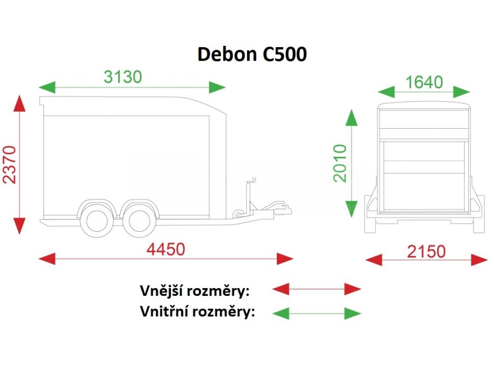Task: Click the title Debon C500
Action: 252,54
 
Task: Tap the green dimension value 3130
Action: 123,77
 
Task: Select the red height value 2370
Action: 10,165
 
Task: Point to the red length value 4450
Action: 166,250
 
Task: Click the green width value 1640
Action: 424,82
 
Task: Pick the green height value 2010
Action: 340,163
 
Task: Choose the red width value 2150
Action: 426,251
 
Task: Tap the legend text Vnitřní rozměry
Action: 197,312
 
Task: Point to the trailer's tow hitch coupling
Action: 283,210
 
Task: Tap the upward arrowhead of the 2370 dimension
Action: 19,103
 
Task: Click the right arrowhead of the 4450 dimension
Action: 285,259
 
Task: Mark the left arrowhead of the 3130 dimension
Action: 47,87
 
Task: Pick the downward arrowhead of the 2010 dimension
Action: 352,209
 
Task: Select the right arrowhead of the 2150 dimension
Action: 480,260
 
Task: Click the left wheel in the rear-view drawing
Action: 370,214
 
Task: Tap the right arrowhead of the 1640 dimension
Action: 462,92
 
